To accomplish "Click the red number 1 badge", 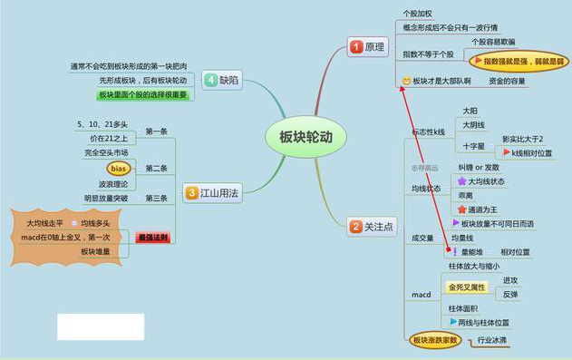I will [356, 46].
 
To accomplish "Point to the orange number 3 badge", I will [191, 191].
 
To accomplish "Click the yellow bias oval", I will [118, 169].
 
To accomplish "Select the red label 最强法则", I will [152, 238].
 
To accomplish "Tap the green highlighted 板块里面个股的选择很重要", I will [142, 94].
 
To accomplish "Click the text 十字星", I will [473, 145].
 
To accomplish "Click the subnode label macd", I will [420, 296].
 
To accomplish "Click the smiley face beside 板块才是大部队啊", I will [405, 82].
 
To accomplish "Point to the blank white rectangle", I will [101, 326].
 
